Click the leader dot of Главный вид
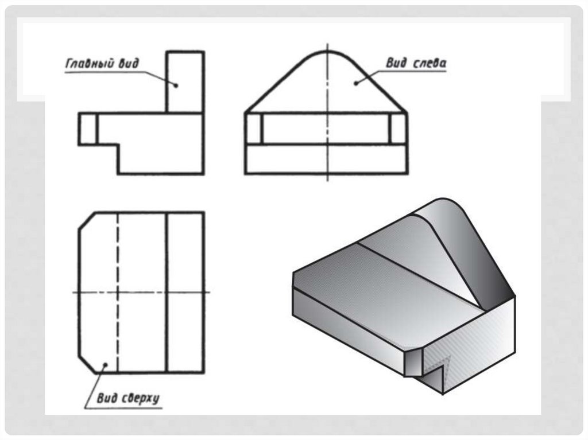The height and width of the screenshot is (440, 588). coord(176,85)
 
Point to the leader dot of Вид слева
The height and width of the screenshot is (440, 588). coord(355,83)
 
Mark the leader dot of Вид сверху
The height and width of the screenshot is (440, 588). coord(106,364)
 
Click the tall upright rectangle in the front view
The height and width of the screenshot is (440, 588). coord(185,81)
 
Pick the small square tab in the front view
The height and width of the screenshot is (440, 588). coord(88,128)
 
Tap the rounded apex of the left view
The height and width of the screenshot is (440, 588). coord(327,51)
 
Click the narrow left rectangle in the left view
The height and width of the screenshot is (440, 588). coord(254,128)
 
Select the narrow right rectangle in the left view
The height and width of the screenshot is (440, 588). coord(399,128)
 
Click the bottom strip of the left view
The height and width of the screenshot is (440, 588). coord(326,159)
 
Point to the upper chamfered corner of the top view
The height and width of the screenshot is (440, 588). coord(87,220)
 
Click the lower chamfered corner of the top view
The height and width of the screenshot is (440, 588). coord(87,364)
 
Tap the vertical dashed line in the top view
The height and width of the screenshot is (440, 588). coord(118,293)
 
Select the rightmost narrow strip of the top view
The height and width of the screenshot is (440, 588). coord(185,293)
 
